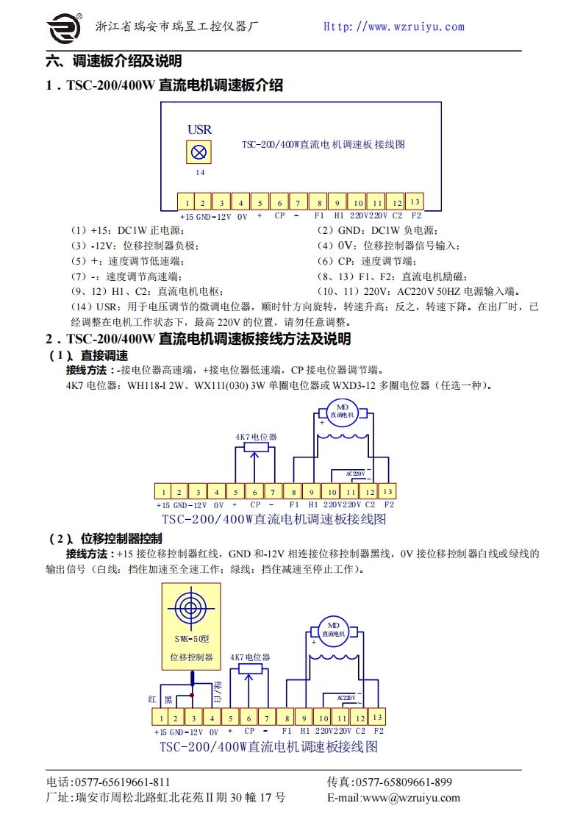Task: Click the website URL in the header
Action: [x=394, y=26]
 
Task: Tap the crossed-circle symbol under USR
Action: [x=198, y=153]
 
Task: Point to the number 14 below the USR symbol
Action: [x=199, y=172]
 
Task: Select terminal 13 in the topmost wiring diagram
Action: [x=415, y=201]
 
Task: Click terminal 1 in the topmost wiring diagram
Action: [x=187, y=203]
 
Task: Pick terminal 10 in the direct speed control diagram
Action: [x=332, y=492]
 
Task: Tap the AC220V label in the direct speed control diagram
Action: [x=354, y=474]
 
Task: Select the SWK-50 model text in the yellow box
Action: [x=190, y=639]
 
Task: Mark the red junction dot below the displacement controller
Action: [x=192, y=694]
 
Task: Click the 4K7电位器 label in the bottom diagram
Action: [x=250, y=657]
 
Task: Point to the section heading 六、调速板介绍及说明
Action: [x=114, y=61]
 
